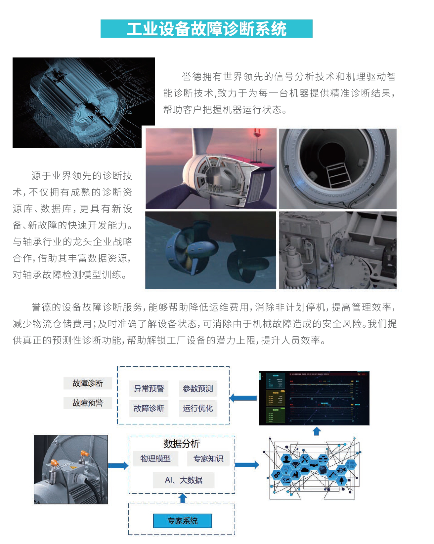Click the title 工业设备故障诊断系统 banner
click(206, 29)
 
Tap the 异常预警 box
click(149, 388)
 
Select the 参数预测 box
click(198, 388)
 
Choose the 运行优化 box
click(198, 408)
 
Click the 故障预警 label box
click(88, 403)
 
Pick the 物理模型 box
click(155, 458)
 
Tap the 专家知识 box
click(208, 458)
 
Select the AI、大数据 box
click(184, 480)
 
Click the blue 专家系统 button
click(182, 521)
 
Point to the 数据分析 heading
click(182, 444)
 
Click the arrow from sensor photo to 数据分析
click(118, 466)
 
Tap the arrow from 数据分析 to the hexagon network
click(247, 465)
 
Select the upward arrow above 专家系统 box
click(183, 498)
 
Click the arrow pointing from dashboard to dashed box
click(243, 398)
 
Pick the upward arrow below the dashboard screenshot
click(317, 431)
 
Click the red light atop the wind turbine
click(257, 132)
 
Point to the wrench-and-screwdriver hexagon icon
click(305, 459)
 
